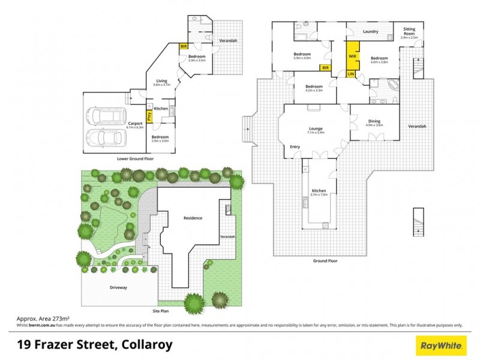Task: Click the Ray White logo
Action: pyautogui.click(x=442, y=345)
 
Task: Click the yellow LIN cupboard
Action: pyautogui.click(x=351, y=74)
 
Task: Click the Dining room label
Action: pyautogui.click(x=374, y=121)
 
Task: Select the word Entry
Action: pyautogui.click(x=295, y=146)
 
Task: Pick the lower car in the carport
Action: pyautogui.click(x=106, y=137)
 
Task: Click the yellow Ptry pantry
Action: pyautogui.click(x=148, y=114)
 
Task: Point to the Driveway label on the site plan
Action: pyautogui.click(x=118, y=288)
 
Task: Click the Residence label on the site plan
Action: pyautogui.click(x=193, y=218)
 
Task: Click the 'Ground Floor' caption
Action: pyautogui.click(x=325, y=261)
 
